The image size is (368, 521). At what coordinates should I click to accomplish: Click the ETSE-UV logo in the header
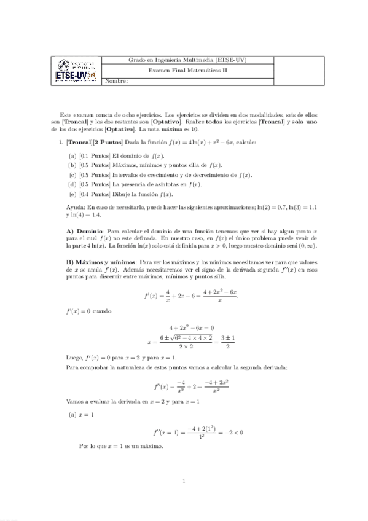click(76, 69)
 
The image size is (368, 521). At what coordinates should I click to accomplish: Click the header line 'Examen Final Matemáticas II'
click(188, 71)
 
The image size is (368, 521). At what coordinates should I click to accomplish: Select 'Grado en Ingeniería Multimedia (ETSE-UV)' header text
click(188, 60)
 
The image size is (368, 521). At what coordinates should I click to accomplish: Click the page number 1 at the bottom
click(184, 480)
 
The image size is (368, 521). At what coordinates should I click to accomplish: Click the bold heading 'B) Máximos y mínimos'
click(101, 262)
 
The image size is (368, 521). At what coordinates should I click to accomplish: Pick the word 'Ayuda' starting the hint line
click(74, 208)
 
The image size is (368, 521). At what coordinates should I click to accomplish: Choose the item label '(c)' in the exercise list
click(72, 175)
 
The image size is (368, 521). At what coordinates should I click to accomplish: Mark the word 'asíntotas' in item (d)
click(168, 184)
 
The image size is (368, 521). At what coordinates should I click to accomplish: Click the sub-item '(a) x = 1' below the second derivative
click(81, 415)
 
